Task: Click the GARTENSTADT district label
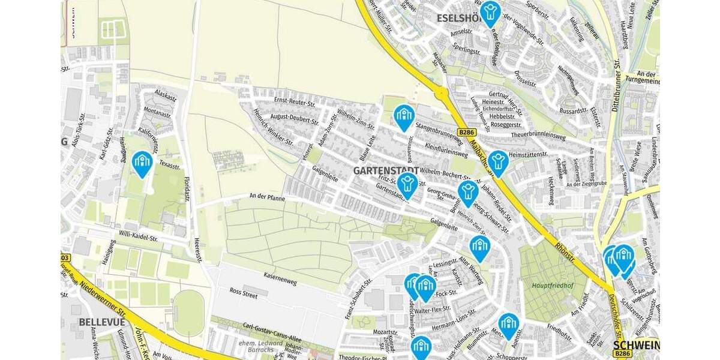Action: pyautogui.click(x=386, y=171)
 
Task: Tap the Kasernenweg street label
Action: pyautogui.click(x=281, y=277)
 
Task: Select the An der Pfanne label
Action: pyautogui.click(x=267, y=197)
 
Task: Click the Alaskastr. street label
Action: pyautogui.click(x=165, y=97)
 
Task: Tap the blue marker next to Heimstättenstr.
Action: pyautogui.click(x=497, y=163)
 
